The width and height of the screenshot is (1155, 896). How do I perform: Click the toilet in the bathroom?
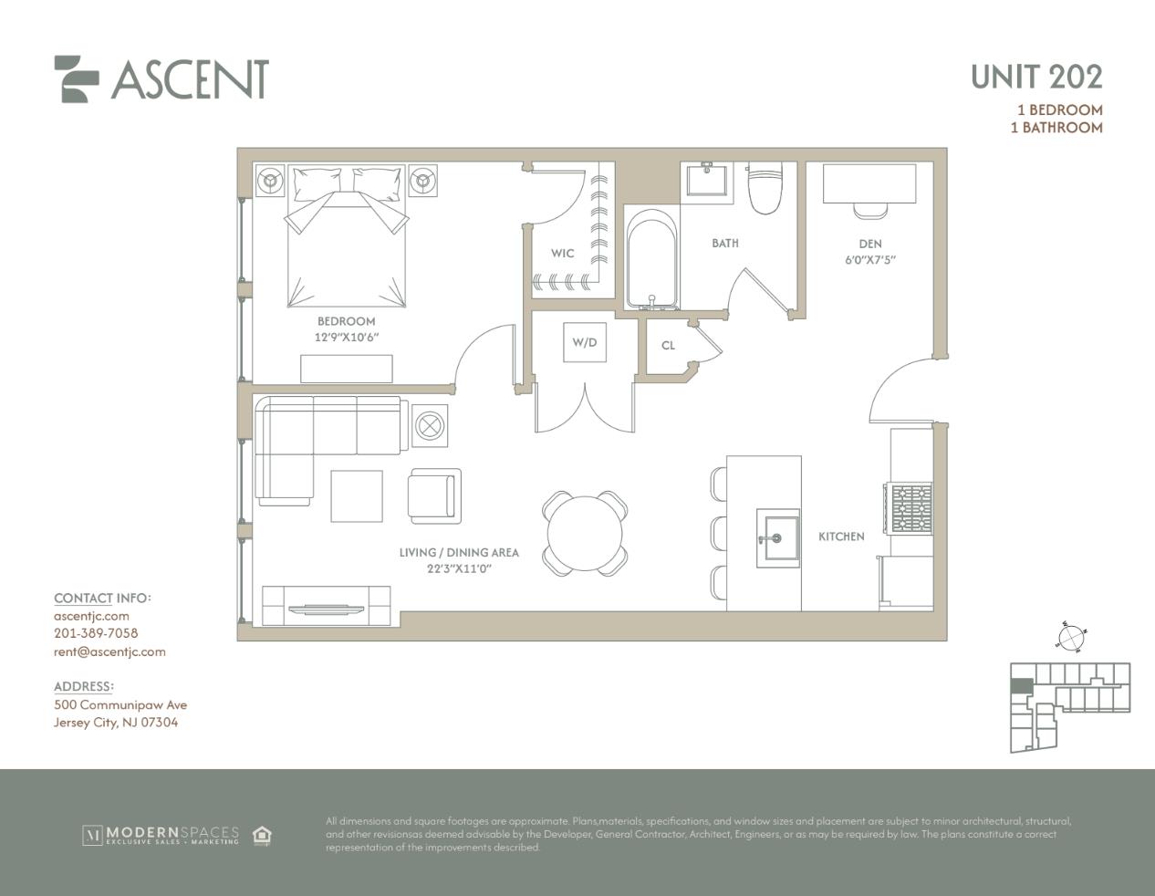765,188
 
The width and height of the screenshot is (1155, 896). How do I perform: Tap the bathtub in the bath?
651,258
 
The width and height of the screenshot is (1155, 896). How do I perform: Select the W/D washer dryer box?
585,342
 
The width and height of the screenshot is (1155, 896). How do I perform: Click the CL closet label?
668,346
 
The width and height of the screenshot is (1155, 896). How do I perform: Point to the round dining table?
585,533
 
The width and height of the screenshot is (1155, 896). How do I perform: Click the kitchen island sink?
778,537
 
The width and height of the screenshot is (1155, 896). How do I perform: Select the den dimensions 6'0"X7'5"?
870,260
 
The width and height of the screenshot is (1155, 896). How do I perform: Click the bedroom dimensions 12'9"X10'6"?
347,337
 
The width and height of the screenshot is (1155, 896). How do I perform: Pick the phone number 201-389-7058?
96,633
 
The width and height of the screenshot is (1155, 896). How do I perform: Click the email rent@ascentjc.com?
109,651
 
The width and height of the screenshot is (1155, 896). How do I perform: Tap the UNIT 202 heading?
1036,77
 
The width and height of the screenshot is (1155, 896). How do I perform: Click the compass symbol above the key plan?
1071,637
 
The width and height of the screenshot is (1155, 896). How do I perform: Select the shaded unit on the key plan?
1022,686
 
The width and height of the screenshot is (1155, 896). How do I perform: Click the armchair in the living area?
434,495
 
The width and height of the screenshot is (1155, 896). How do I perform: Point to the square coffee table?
357,496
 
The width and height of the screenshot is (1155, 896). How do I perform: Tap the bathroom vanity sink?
707,182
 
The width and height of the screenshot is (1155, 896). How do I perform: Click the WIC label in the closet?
562,253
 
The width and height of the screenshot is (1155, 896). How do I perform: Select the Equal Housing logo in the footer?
262,836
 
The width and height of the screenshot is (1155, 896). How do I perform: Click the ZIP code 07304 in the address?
159,723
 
